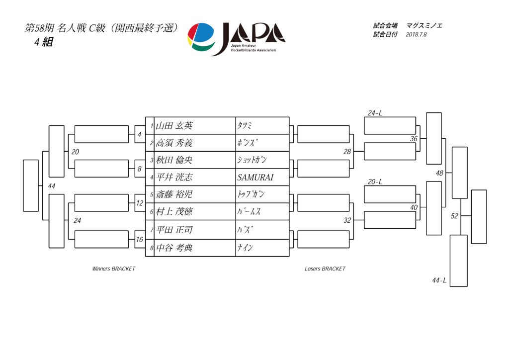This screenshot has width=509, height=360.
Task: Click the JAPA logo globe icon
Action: (x=201, y=37)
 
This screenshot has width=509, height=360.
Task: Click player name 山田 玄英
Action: (x=174, y=126)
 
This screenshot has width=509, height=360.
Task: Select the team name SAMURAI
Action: (x=255, y=177)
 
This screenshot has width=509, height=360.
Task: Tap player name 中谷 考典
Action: (x=174, y=248)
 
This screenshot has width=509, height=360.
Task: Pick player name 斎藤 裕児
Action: (x=174, y=194)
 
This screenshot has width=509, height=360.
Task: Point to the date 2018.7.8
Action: (x=416, y=34)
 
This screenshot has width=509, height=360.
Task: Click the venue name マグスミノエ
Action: (x=424, y=26)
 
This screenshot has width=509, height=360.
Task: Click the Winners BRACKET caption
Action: (x=114, y=269)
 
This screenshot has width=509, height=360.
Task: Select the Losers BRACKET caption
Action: (x=325, y=269)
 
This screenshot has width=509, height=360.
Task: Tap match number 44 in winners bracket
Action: (x=51, y=186)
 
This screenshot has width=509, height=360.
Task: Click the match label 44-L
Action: (x=439, y=280)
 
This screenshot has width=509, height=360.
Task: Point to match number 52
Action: (x=454, y=216)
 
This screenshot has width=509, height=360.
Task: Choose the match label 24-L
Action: (x=375, y=113)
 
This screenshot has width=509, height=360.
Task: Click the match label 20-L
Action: (x=375, y=182)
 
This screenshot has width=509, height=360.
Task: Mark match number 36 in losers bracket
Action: (x=414, y=139)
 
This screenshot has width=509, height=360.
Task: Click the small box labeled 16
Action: (x=140, y=240)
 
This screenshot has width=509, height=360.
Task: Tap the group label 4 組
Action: (x=44, y=42)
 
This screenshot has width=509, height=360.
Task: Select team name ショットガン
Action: (x=252, y=160)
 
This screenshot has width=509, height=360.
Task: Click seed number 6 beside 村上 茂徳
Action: (x=152, y=212)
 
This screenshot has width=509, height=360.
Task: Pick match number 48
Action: (x=439, y=173)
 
